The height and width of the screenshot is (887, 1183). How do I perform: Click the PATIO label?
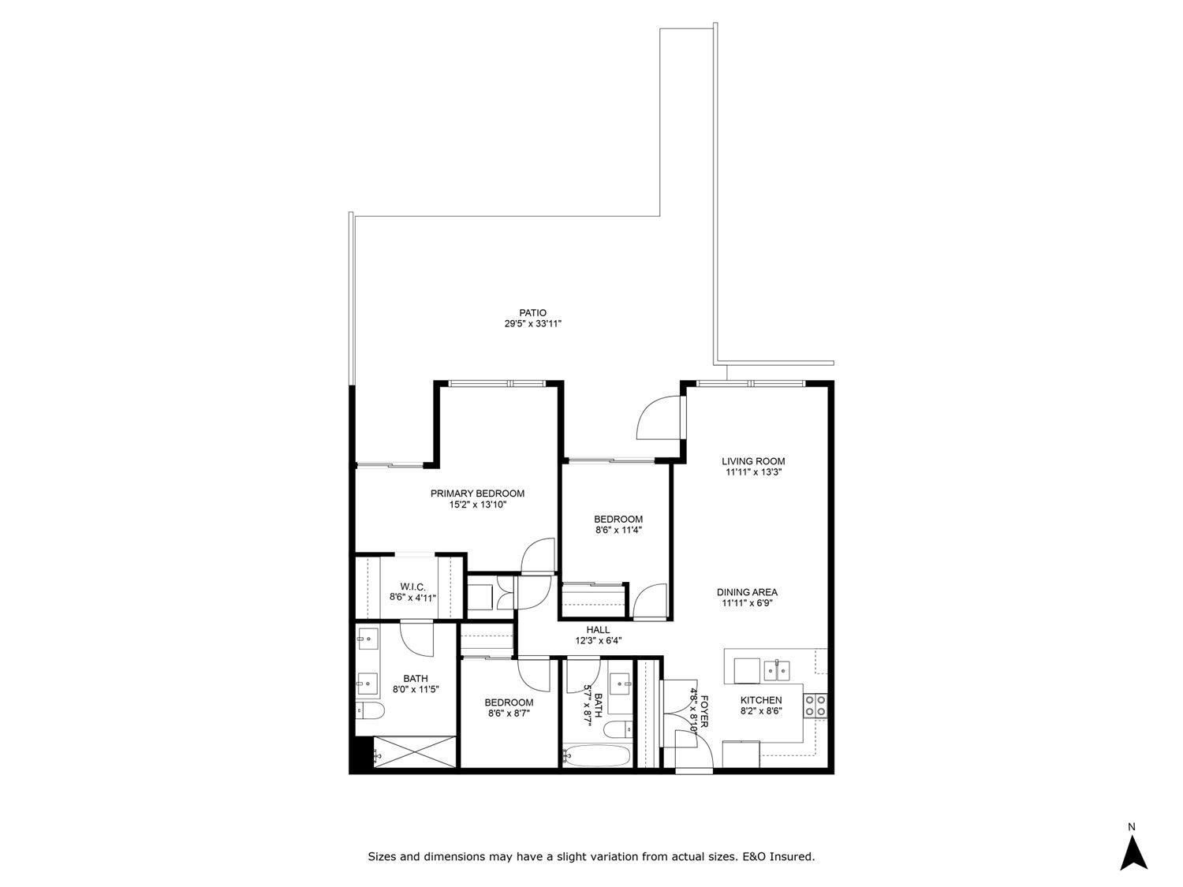pos(532,313)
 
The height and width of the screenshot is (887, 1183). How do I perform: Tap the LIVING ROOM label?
pos(753,461)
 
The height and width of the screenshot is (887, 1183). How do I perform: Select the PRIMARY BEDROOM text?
pos(477,494)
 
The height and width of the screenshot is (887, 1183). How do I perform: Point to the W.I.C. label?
pos(412,587)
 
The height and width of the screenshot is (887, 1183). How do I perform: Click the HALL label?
pos(598,629)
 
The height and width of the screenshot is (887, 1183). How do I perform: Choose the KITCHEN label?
pos(760,700)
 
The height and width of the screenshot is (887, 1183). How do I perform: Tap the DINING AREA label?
pos(747,592)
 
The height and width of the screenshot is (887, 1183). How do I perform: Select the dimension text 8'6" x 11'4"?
pos(618,531)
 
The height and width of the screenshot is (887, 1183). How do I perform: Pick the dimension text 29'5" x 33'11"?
pos(532,324)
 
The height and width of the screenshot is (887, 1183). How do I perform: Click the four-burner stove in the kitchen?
pos(815,704)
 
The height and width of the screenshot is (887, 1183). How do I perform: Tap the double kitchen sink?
pos(777,670)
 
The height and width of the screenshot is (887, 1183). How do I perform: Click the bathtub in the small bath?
pos(599,757)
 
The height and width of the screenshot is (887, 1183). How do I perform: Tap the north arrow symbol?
pos(1133,852)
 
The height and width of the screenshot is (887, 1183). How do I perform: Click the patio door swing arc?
pos(657,417)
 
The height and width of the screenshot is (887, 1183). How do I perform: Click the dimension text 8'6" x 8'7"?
pos(509,714)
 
